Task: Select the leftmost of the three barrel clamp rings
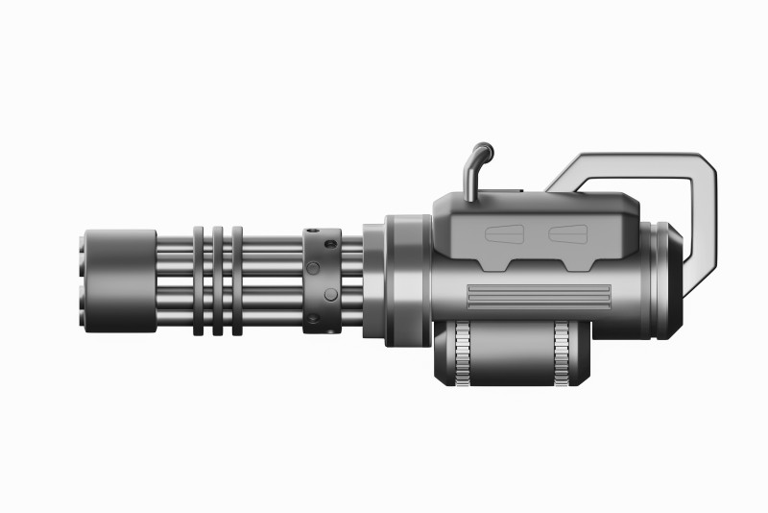click(x=198, y=281)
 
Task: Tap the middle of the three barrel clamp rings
click(x=218, y=281)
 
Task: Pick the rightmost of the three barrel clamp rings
click(x=237, y=281)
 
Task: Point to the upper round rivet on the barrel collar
click(x=313, y=266)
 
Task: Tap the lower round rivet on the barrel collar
click(x=329, y=294)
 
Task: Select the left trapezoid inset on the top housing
click(x=506, y=234)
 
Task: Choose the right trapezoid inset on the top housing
click(x=567, y=234)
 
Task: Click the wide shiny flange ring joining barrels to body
click(x=407, y=280)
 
